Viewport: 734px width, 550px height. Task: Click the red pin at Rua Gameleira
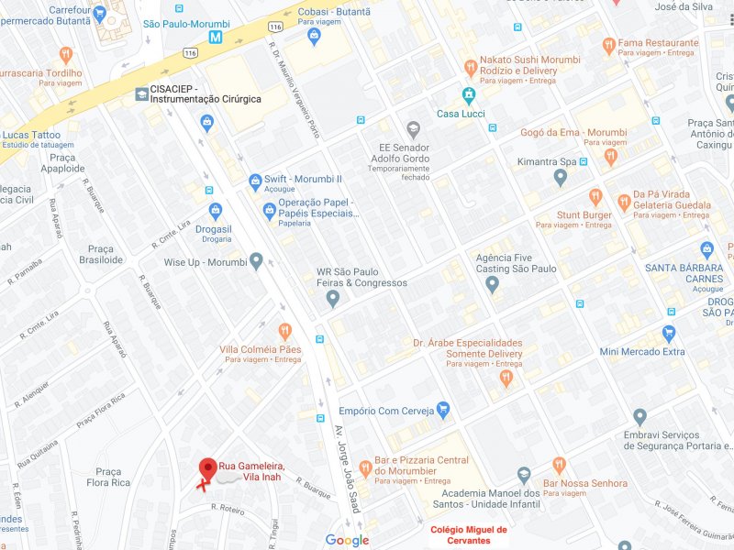point(208,468)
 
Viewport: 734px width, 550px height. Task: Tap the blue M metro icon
point(216,38)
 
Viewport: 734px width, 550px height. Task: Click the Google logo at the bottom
point(347,540)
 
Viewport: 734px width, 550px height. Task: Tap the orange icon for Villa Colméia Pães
point(284,331)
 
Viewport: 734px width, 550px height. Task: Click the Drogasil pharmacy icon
point(215,210)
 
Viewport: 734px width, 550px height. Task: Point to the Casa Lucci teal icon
point(468,95)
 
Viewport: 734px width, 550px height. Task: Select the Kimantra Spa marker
point(561,178)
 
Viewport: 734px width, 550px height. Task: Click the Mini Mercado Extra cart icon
point(669,334)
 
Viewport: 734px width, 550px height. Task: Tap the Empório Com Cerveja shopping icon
point(443,410)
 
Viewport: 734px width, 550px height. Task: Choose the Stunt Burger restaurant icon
point(595,197)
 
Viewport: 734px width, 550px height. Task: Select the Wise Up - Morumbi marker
point(256,262)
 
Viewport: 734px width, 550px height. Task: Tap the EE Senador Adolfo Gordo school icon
point(413,128)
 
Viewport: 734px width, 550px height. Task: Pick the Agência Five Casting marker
point(492,284)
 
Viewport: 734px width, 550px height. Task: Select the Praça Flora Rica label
point(108,477)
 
